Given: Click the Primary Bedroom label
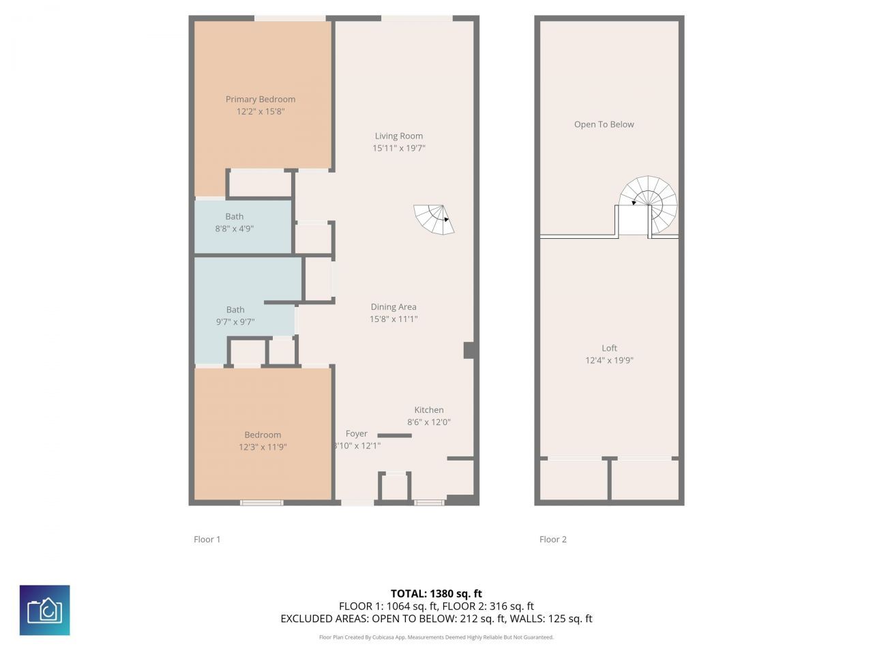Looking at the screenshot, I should click(261, 99).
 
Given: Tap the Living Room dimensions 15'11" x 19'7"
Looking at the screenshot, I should click(399, 148).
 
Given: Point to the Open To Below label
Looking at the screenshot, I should click(604, 124).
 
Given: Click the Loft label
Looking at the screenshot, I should click(609, 348).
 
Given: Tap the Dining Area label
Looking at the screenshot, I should click(394, 307).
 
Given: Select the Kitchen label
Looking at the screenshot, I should click(429, 410).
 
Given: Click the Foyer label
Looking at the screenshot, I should click(357, 434).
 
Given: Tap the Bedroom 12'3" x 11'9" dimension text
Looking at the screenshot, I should click(263, 448).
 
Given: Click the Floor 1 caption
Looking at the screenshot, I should click(207, 539).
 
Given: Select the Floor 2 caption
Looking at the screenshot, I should click(553, 539).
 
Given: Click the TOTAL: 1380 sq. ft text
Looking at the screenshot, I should click(436, 594).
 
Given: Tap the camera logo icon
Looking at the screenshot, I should click(45, 610).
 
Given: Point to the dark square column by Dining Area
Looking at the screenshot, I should click(469, 350).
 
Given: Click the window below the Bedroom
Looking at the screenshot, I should click(261, 503).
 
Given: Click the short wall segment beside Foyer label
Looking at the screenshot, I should click(395, 435).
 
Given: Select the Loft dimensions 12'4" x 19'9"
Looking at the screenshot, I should click(609, 360).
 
